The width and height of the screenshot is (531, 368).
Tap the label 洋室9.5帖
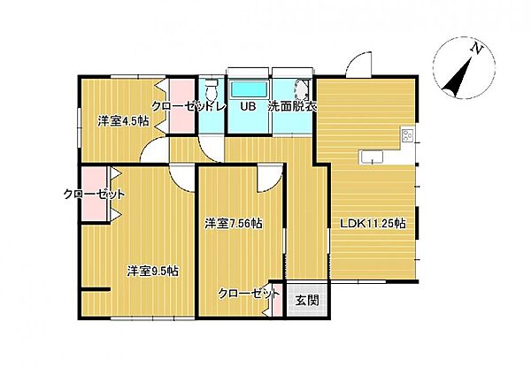[152, 272]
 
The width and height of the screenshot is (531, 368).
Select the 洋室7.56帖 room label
[233, 223]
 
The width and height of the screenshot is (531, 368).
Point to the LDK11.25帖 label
[373, 224]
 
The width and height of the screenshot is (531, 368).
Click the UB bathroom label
[249, 107]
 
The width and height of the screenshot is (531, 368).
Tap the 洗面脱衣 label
[293, 107]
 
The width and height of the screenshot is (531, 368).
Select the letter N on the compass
[476, 49]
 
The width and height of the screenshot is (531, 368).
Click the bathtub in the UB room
[250, 90]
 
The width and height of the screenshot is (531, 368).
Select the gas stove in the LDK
[408, 136]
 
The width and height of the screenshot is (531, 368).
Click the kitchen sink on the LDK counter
[371, 157]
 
